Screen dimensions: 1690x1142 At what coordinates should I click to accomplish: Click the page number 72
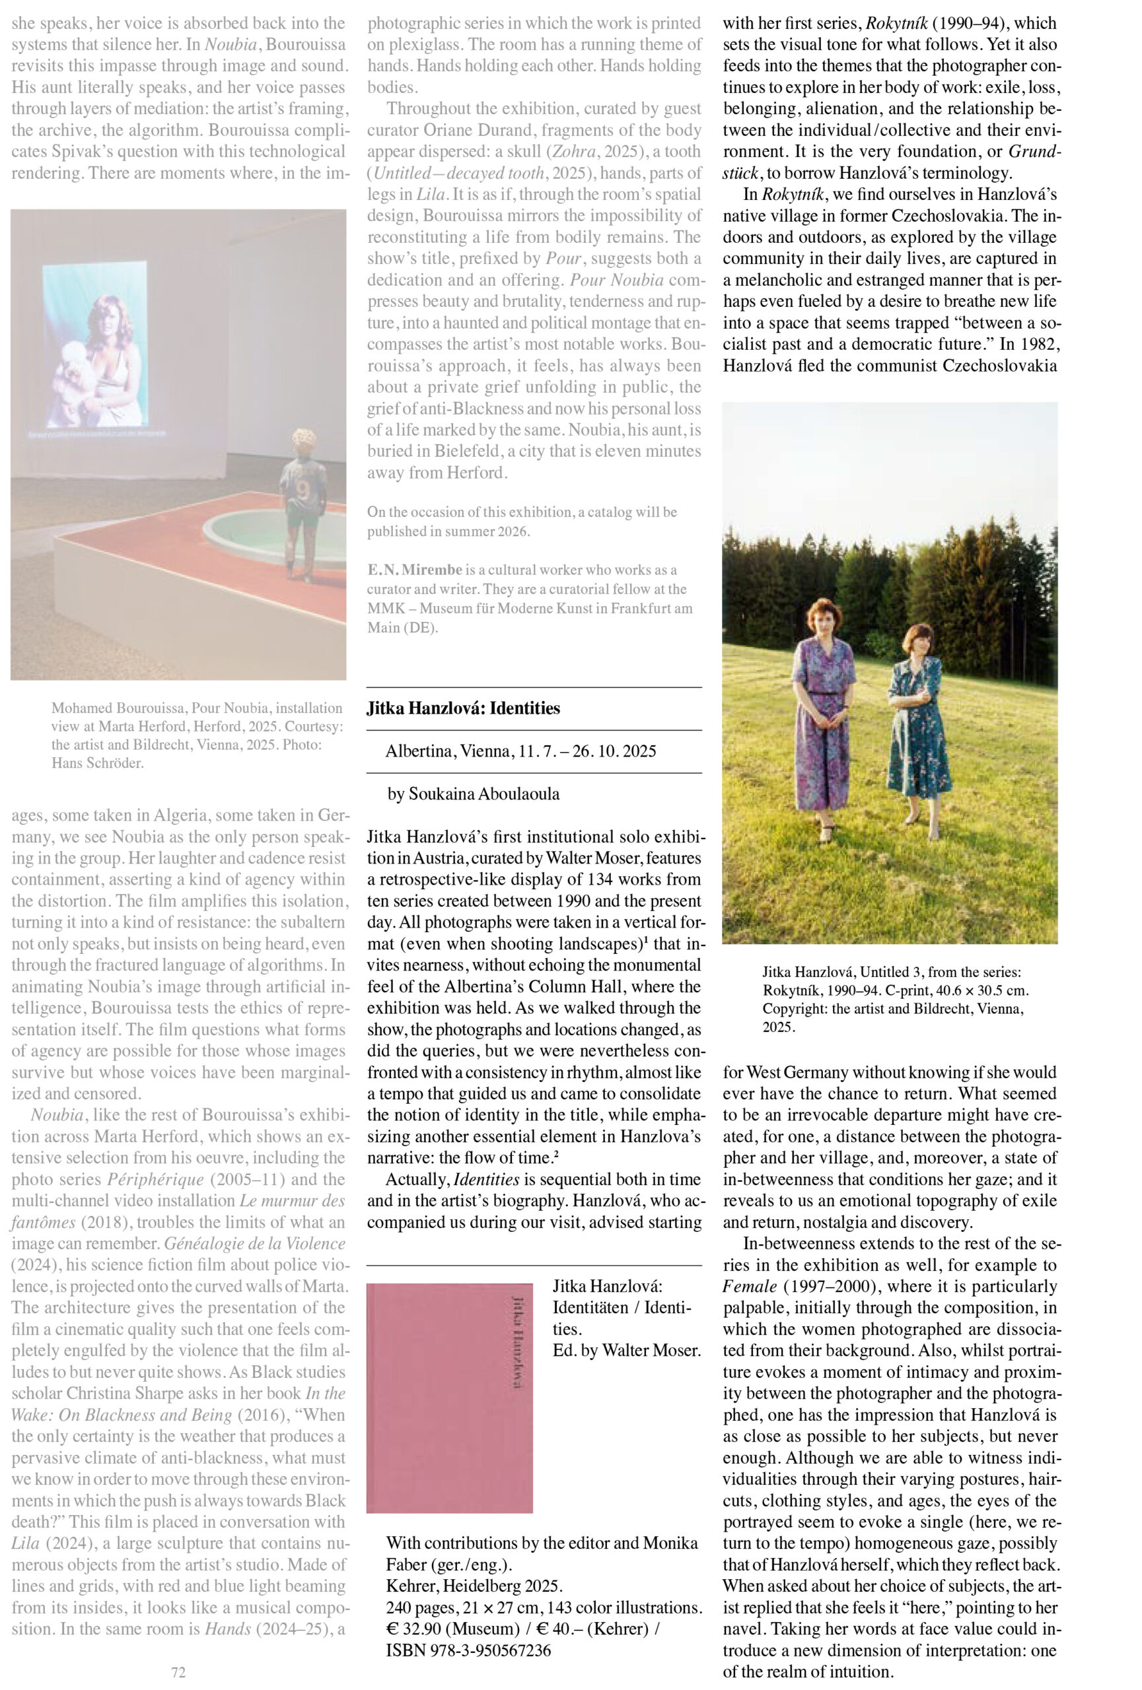(178, 1672)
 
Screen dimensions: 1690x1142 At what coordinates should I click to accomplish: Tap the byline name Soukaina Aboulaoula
(483, 794)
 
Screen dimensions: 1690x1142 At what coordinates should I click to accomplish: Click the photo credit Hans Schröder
(98, 763)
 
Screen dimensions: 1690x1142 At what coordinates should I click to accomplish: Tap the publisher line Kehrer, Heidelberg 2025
(474, 1586)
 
